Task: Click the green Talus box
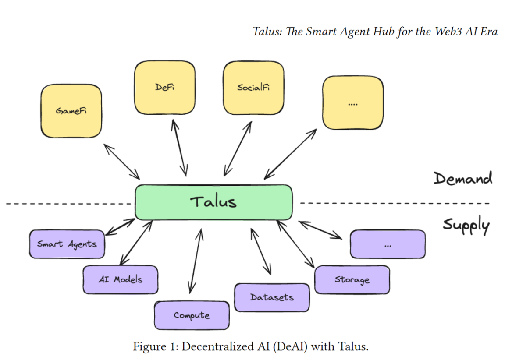click(x=213, y=202)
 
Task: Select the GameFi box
click(x=71, y=111)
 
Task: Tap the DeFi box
click(x=164, y=88)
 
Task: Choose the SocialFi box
click(x=253, y=88)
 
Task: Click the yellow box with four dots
click(x=353, y=102)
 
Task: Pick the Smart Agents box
click(x=67, y=244)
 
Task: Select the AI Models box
click(x=121, y=279)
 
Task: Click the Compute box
click(x=192, y=315)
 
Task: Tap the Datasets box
click(x=272, y=297)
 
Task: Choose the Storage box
click(x=352, y=279)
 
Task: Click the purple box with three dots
click(x=388, y=244)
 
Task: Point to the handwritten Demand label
click(x=463, y=178)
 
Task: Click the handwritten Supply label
click(x=466, y=225)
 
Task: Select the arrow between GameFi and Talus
click(x=122, y=162)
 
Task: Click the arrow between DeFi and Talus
click(x=179, y=148)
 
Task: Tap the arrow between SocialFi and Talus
click(x=238, y=148)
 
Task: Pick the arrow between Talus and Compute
click(x=196, y=261)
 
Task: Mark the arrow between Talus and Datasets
click(x=261, y=251)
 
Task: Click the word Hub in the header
click(x=384, y=32)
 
